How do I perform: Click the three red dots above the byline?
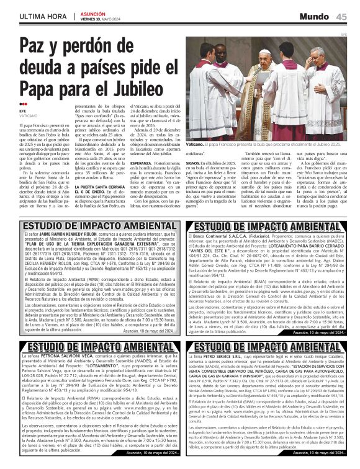point(24,104)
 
